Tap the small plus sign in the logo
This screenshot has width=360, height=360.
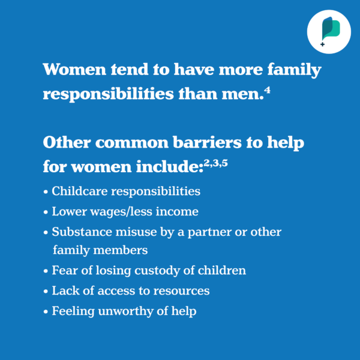(323, 44)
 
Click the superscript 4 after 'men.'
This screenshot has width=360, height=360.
(267, 91)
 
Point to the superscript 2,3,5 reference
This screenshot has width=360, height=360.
(215, 163)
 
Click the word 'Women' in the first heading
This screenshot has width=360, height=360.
(74, 70)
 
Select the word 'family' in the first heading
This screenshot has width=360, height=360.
(295, 70)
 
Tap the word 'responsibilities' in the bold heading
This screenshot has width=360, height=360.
(109, 94)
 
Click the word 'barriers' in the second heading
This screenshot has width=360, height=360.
(207, 143)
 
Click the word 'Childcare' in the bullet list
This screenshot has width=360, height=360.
(80, 191)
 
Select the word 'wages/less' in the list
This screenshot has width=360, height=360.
(121, 211)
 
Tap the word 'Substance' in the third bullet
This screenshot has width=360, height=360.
(82, 232)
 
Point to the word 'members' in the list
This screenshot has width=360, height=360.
(121, 250)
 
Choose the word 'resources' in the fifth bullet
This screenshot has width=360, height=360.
(181, 291)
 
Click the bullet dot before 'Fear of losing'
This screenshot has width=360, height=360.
(46, 271)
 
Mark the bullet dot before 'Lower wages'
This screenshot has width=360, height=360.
(46, 212)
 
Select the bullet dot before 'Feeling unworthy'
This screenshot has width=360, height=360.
(46, 312)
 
